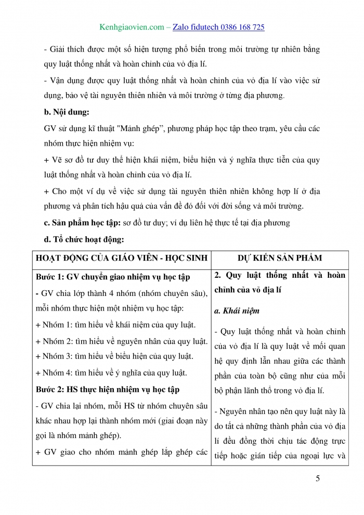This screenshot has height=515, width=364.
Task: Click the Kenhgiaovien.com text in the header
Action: (131, 27)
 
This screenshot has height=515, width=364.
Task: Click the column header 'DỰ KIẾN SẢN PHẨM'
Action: (279, 257)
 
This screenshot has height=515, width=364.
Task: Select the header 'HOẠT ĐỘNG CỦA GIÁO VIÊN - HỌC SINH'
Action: (122, 257)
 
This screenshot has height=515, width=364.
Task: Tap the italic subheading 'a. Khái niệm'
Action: (236, 311)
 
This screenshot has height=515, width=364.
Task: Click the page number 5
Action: (317, 479)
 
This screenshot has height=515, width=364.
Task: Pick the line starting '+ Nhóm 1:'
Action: (115, 325)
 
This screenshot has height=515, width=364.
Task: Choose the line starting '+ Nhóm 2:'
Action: (122, 341)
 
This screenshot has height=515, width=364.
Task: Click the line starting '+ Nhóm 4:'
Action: (111, 372)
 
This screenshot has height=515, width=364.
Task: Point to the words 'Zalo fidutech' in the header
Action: (191, 27)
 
